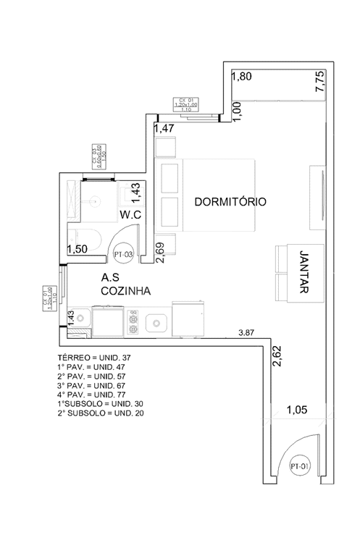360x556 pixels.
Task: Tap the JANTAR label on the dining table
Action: coord(303,271)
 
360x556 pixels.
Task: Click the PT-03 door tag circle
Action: coord(122,255)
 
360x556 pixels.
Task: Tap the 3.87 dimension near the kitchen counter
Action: coord(248,333)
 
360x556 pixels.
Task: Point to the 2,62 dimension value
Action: coord(276,355)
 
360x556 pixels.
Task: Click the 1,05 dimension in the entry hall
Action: coord(297,410)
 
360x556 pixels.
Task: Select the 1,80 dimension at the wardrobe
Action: coord(241,75)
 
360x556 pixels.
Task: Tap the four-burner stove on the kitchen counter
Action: coord(134,321)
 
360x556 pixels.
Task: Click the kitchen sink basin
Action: coord(156,321)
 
